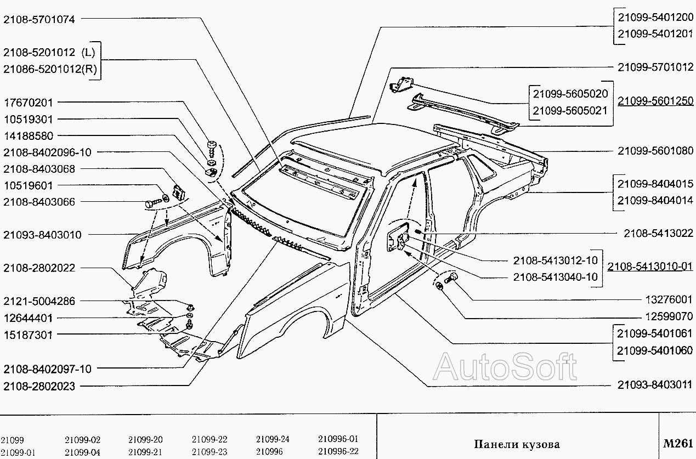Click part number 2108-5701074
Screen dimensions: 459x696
(x=39, y=19)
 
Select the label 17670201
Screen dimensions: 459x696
(x=29, y=103)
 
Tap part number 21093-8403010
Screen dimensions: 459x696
(x=42, y=235)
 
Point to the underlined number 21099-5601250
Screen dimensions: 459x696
(x=655, y=101)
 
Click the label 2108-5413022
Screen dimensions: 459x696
(x=658, y=234)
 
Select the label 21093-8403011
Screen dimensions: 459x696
(x=655, y=384)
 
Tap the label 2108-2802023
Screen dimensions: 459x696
(x=39, y=386)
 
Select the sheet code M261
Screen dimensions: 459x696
(x=677, y=443)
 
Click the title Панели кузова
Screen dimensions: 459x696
(x=517, y=444)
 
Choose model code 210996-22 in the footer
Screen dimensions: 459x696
(x=338, y=452)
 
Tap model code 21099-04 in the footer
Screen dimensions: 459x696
(x=82, y=452)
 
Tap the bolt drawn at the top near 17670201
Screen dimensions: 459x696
(x=212, y=147)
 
